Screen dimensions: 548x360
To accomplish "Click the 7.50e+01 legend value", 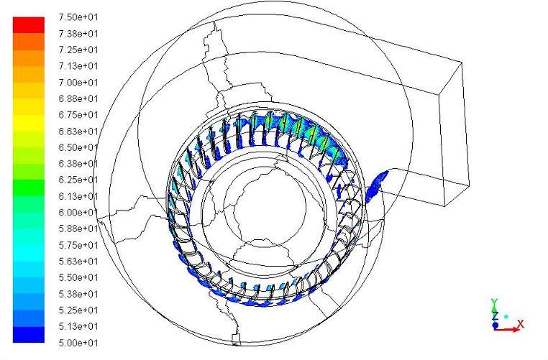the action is [78, 17].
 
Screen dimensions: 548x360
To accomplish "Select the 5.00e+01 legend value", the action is [78, 343].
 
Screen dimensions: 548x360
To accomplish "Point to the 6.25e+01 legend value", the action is [78, 180].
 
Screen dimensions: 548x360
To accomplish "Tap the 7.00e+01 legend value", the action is [78, 83].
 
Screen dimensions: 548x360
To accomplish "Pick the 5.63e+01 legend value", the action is [78, 261].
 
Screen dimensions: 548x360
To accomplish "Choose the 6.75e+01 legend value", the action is [78, 115].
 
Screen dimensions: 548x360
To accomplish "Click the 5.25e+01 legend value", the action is [78, 310].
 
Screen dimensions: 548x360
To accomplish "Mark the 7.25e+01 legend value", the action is [78, 50].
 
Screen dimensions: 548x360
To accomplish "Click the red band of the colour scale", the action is [29, 25].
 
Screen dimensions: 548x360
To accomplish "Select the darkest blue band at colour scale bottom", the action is [29, 335].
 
